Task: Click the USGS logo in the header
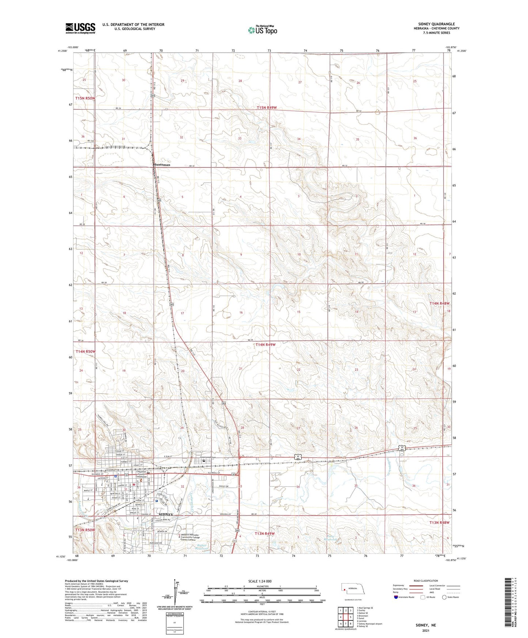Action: click(80, 28)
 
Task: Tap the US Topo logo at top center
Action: click(262, 30)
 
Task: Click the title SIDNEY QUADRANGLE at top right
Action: click(436, 24)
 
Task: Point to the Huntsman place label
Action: click(162, 165)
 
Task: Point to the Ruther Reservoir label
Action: click(201, 547)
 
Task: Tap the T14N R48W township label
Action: click(439, 303)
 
